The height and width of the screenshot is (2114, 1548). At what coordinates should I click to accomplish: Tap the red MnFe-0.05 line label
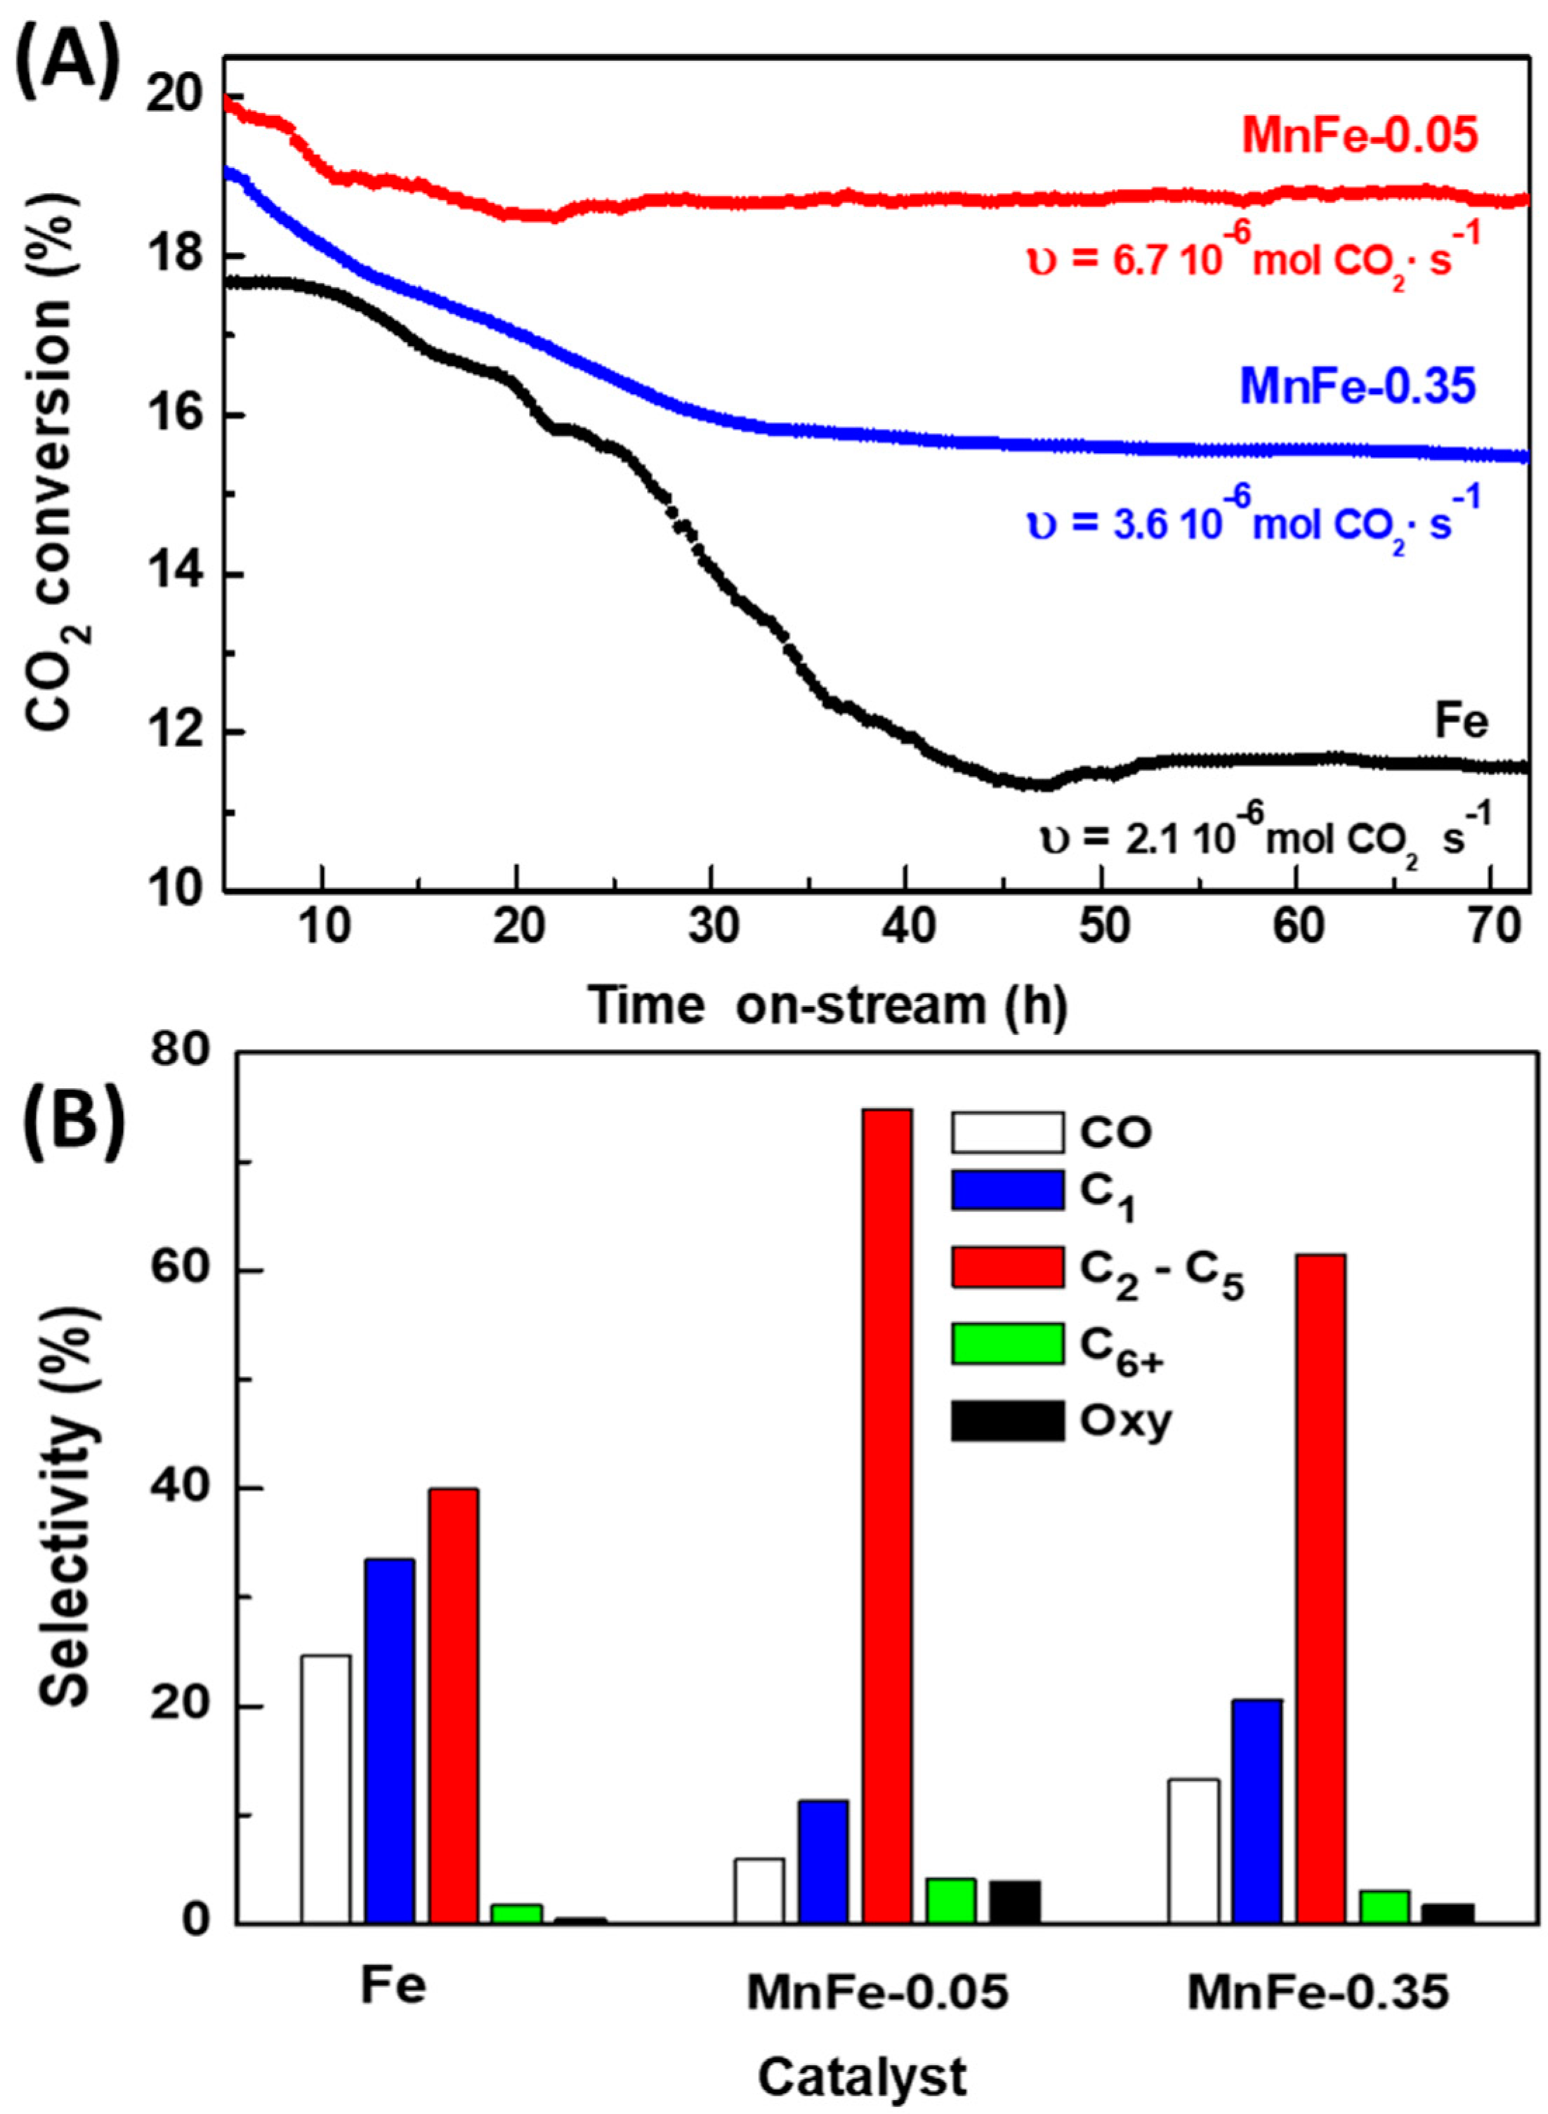(1360, 136)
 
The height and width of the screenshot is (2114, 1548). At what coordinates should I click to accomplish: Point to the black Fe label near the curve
(1461, 723)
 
